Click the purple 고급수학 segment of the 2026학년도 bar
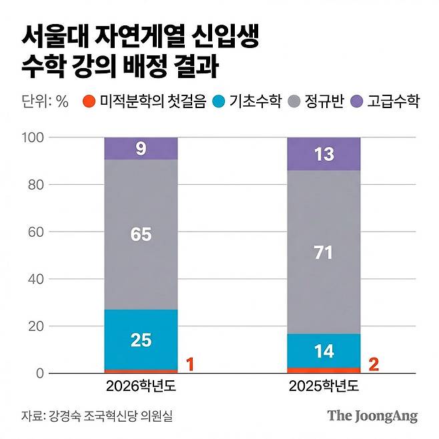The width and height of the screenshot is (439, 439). click(x=141, y=149)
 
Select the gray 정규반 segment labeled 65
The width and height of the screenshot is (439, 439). click(x=141, y=235)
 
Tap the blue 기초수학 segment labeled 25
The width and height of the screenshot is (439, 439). click(x=141, y=340)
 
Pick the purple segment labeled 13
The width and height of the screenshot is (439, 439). click(x=324, y=154)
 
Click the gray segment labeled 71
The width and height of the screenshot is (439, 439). click(x=324, y=253)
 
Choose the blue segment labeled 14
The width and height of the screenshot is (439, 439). click(x=324, y=350)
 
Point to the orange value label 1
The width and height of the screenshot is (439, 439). click(x=189, y=364)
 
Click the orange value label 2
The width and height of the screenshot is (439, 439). click(x=374, y=364)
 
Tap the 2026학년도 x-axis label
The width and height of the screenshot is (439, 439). click(x=141, y=387)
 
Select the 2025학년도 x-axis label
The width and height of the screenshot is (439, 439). click(x=324, y=387)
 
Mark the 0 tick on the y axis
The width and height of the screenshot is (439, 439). click(x=40, y=373)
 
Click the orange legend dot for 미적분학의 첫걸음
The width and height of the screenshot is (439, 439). click(x=88, y=102)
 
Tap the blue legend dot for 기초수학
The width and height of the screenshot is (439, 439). click(x=218, y=102)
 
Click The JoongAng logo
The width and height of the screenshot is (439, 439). click(x=372, y=416)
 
